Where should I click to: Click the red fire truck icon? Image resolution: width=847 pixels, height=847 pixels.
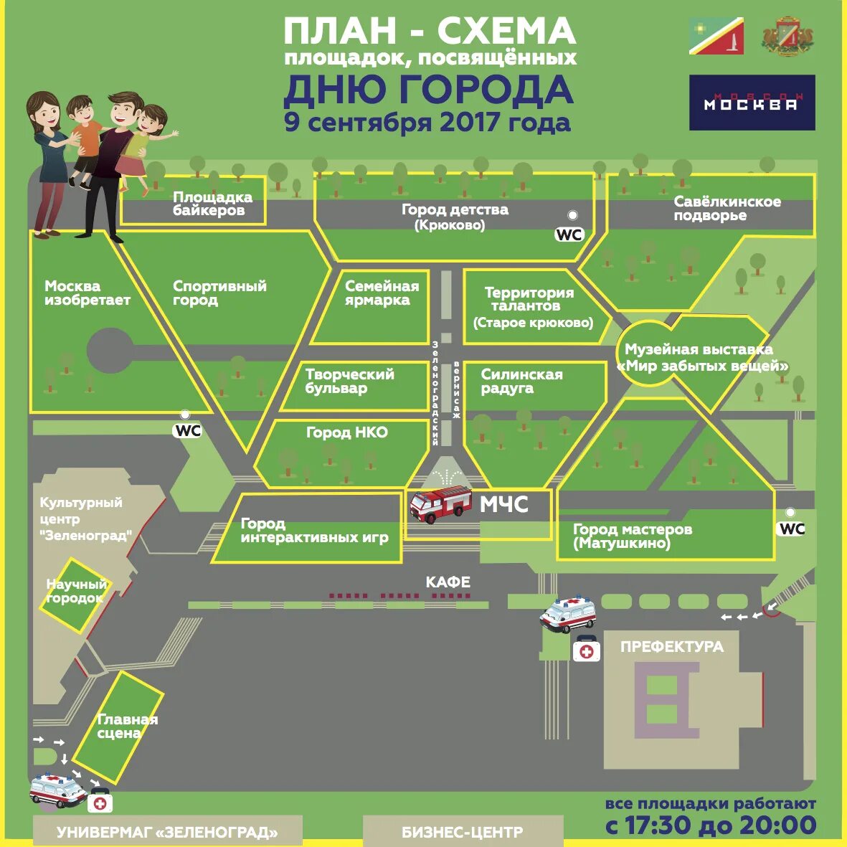(x=440, y=504)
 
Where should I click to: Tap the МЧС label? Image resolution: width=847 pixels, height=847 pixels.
(x=503, y=505)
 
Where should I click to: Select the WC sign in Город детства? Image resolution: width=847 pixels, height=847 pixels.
(x=569, y=235)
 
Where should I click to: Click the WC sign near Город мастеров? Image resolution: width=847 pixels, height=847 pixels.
(x=792, y=529)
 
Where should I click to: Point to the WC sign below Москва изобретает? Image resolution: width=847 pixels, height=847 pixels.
(x=188, y=430)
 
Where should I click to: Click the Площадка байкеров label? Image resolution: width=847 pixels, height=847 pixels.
(x=212, y=204)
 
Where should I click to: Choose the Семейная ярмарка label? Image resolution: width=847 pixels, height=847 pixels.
(x=382, y=293)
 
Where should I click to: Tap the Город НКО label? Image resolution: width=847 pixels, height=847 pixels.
(x=346, y=432)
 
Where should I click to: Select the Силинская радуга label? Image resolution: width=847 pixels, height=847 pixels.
(x=521, y=381)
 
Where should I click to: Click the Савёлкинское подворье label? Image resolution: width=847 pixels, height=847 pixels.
(x=727, y=208)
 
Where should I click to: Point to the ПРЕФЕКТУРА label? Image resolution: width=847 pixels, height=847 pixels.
(x=671, y=647)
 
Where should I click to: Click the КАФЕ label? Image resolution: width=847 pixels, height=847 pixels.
(x=448, y=582)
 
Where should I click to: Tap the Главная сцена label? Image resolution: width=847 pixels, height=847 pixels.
(x=127, y=726)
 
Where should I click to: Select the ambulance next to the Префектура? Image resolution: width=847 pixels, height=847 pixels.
(x=568, y=614)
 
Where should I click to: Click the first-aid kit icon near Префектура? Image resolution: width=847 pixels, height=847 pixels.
(x=587, y=650)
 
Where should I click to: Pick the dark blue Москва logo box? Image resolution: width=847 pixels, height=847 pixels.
(x=752, y=103)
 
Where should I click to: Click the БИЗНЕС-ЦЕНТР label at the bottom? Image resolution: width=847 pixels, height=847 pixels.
(x=462, y=833)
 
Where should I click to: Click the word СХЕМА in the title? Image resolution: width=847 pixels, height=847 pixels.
(x=506, y=31)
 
